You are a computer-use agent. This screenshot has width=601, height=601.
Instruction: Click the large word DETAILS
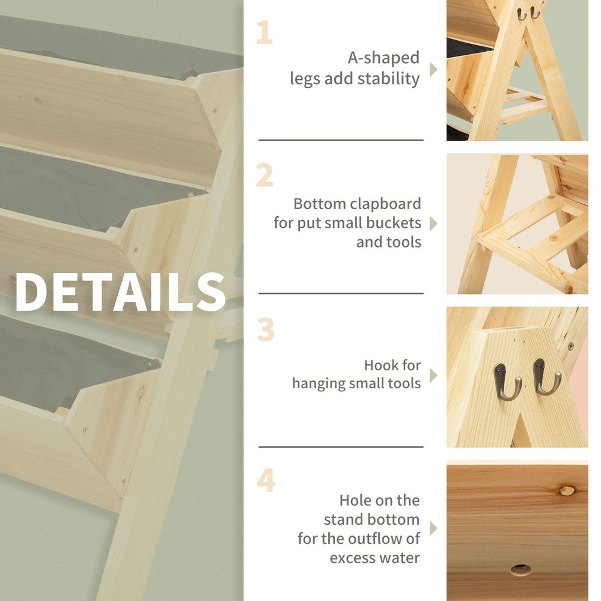coord(120,292)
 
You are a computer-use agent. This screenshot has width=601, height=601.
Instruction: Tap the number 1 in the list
coord(264,33)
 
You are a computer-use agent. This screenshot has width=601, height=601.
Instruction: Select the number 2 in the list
coord(264,175)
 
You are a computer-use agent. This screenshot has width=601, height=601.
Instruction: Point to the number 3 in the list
coord(265,329)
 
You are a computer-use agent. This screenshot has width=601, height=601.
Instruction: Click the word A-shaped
coord(383,58)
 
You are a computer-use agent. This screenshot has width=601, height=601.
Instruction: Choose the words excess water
coord(374,558)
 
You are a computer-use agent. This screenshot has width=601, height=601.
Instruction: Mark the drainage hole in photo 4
coord(520,569)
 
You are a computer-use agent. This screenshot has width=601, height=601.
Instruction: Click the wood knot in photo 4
coord(566,490)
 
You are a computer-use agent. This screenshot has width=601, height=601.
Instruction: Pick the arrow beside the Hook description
coord(433,375)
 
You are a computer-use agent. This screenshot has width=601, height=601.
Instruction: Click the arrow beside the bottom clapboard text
coord(433,224)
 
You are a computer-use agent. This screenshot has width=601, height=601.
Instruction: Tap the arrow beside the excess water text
coord(433,529)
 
